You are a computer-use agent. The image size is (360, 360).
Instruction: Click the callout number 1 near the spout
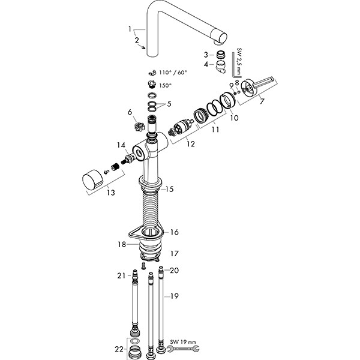(x=128, y=28)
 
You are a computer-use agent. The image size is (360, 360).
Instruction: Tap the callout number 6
(x=129, y=112)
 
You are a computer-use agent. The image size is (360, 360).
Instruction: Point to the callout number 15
(x=170, y=189)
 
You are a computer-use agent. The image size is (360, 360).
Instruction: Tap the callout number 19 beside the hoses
(x=174, y=296)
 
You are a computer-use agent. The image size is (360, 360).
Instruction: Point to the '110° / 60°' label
(x=173, y=73)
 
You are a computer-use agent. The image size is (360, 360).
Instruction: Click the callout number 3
(x=205, y=55)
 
